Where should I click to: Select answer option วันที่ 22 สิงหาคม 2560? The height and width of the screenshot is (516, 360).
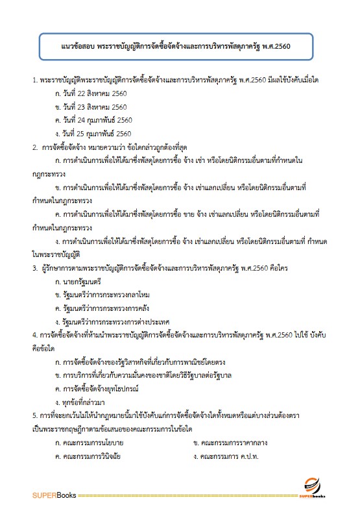[x=91, y=93]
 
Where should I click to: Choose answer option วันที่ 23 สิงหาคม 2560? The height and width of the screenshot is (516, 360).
[x=91, y=106]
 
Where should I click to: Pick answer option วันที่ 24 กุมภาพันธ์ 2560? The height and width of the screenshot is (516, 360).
[x=94, y=120]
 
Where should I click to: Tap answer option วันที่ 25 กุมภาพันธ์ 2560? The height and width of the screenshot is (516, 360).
[x=94, y=133]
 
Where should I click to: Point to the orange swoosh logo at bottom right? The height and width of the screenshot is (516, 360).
[x=313, y=484]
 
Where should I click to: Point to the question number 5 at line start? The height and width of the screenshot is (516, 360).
[x=35, y=415]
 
